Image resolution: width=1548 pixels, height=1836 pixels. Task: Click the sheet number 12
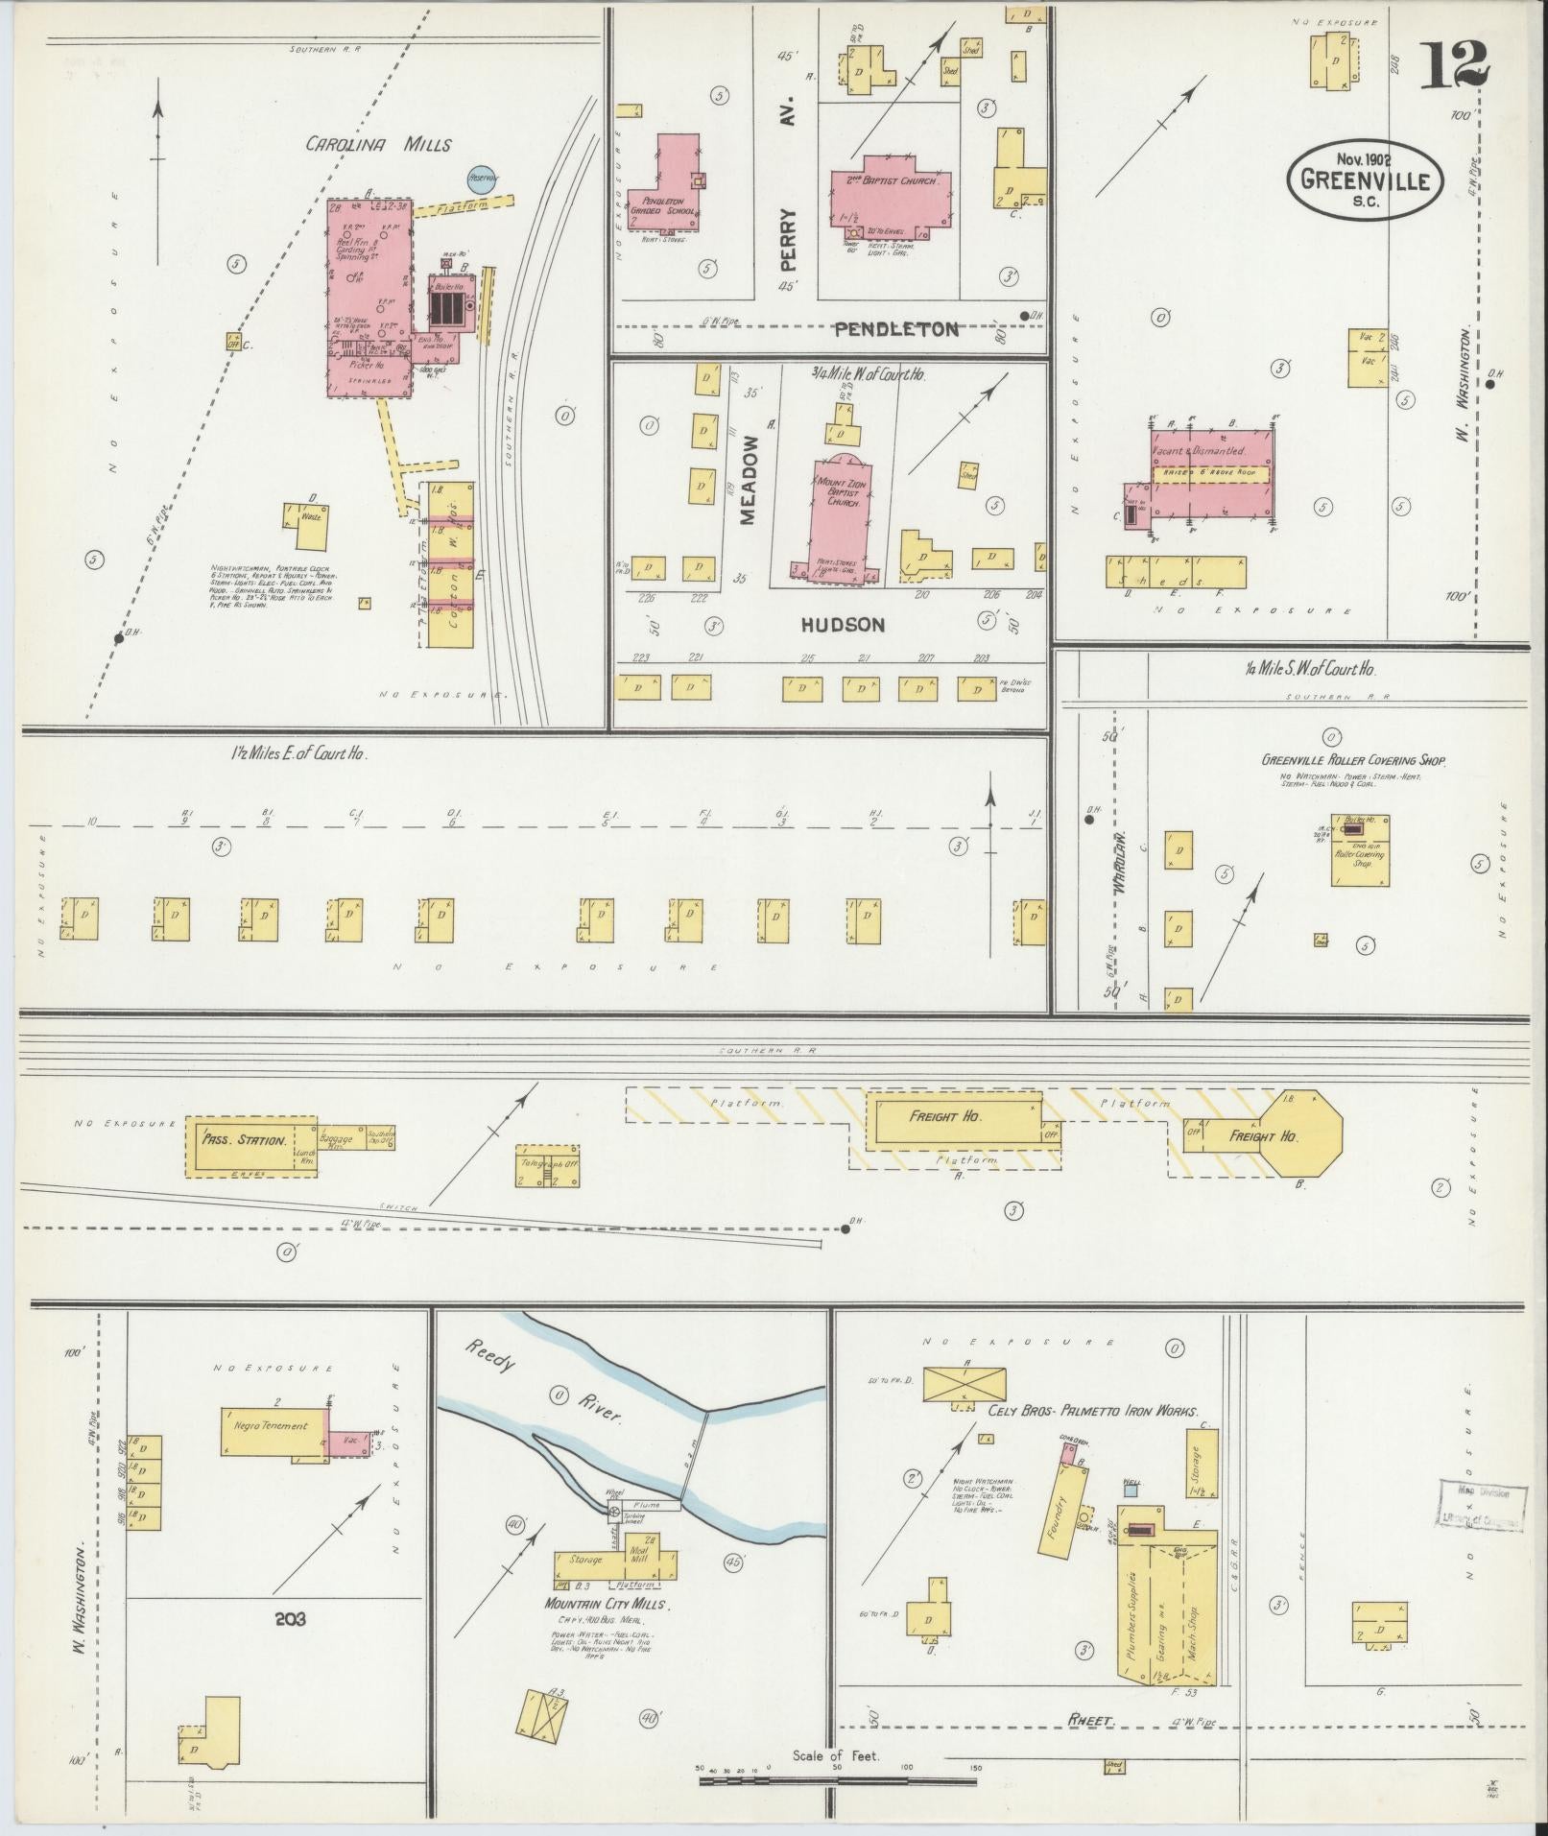[1455, 64]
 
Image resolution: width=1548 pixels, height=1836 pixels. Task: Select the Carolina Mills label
[378, 145]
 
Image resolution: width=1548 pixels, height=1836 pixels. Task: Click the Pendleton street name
[895, 329]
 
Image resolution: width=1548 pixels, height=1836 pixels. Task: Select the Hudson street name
[843, 625]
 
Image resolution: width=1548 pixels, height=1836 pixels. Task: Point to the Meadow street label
[749, 480]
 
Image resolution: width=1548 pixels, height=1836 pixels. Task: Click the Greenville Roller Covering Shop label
[1352, 760]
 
